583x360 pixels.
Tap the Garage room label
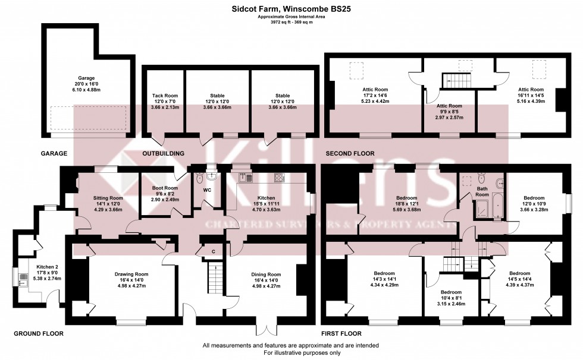[87, 77]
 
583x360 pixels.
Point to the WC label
[208, 191]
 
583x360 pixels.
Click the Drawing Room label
[131, 274]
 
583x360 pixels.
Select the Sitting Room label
[108, 198]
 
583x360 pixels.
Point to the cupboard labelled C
[214, 251]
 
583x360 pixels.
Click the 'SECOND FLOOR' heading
[350, 153]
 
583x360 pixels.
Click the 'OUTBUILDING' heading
[164, 153]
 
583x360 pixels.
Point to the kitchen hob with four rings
[279, 178]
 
